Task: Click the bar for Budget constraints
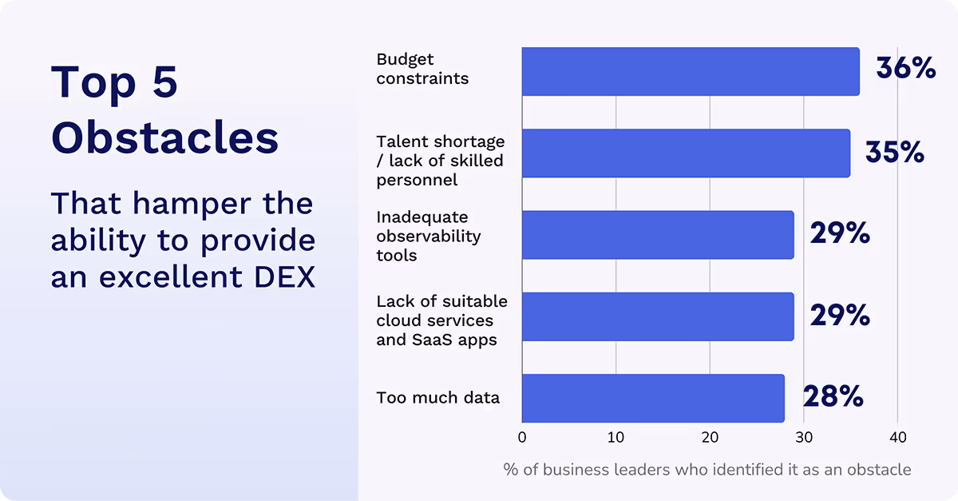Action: (691, 71)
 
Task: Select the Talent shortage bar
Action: (686, 153)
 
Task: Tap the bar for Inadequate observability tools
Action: (658, 234)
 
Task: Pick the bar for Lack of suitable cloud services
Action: (658, 316)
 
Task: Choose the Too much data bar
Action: (653, 397)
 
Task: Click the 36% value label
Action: (905, 68)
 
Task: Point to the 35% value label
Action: (895, 152)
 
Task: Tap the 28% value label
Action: (833, 396)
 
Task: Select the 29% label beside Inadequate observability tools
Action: (840, 233)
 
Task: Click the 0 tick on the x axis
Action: (522, 438)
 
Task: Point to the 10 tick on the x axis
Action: (616, 438)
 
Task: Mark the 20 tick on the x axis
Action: (710, 438)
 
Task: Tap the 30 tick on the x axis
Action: (803, 438)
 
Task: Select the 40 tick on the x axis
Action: (897, 438)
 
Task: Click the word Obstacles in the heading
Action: (164, 137)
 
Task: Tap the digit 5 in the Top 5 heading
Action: (164, 82)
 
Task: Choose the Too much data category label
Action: (437, 397)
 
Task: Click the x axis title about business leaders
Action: (707, 469)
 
